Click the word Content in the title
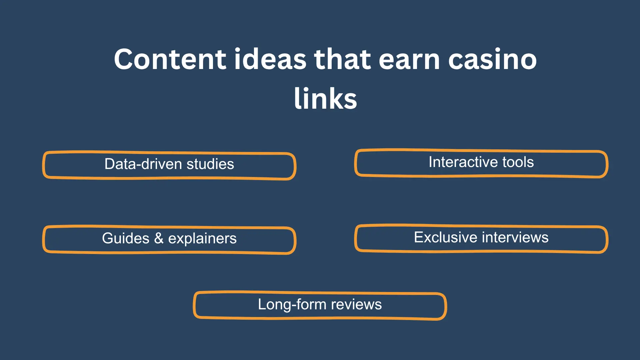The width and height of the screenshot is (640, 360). click(170, 59)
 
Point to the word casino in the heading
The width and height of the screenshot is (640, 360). click(492, 59)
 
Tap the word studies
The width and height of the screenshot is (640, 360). click(210, 164)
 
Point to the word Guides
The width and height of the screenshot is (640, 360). click(126, 238)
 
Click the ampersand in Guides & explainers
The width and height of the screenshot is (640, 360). click(159, 238)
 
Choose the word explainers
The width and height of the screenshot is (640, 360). click(202, 239)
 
